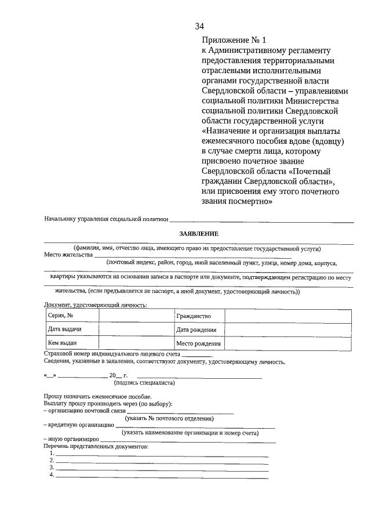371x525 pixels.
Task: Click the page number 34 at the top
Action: tap(200, 26)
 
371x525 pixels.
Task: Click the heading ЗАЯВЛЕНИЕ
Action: tap(198, 233)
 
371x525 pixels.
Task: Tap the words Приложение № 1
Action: tap(234, 41)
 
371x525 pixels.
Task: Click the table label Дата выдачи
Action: tap(64, 329)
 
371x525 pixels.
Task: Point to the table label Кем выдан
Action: tap(62, 343)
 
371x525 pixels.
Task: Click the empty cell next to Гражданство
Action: tap(288, 316)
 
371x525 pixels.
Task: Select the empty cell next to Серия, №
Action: tap(136, 316)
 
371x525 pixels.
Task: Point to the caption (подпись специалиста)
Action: tap(145, 382)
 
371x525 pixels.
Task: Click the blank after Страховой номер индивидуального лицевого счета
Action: tap(197, 354)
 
